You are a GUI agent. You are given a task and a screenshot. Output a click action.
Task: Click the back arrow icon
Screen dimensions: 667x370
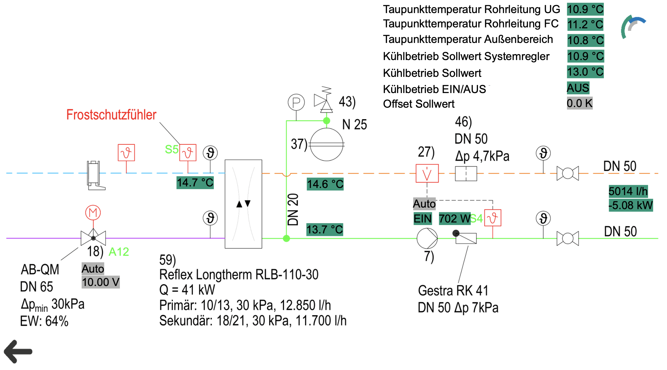pos(18,351)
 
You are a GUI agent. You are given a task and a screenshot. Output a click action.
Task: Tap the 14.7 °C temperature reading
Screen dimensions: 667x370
pos(195,183)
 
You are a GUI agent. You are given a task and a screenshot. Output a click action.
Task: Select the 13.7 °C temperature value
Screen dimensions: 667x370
pos(325,230)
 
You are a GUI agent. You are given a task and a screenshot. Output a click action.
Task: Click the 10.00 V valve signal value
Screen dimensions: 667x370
pos(101,282)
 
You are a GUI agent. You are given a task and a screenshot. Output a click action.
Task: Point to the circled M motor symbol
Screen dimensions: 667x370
pos(93,213)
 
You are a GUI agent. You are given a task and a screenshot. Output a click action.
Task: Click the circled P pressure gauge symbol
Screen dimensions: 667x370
pos(296,102)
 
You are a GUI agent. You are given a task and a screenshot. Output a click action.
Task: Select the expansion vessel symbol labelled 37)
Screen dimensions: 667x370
pos(327,144)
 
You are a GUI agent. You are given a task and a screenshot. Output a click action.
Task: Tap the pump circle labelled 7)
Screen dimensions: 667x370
pos(427,238)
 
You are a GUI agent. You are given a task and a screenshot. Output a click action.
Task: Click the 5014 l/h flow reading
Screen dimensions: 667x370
pos(628,191)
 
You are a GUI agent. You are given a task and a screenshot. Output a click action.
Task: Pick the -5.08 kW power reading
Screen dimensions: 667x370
pos(631,205)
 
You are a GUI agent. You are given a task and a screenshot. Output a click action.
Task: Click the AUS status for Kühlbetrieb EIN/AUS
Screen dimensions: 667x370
pos(578,88)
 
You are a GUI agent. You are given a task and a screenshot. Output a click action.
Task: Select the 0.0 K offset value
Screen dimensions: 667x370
pos(579,103)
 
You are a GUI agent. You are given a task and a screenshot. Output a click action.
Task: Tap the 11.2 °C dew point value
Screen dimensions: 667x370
pos(585,25)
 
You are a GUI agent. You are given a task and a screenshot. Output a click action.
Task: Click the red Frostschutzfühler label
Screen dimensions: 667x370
pos(111,115)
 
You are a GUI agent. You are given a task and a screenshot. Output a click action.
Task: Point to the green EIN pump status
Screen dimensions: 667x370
pos(423,218)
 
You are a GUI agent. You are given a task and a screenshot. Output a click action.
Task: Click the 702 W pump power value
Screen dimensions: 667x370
pos(455,218)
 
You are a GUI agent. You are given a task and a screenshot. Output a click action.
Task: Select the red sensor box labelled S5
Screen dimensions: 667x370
pos(188,152)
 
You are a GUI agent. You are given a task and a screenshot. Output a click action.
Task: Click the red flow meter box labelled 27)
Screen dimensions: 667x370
pos(427,173)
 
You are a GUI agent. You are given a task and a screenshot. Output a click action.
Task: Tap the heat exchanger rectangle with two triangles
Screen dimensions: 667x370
pos(244,204)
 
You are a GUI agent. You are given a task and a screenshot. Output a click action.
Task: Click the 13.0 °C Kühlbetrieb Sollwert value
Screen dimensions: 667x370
pos(585,72)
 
